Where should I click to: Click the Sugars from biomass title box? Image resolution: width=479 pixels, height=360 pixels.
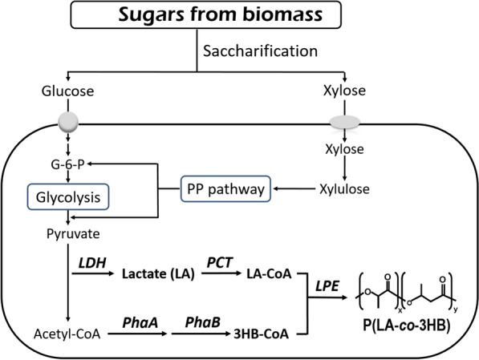tap(206, 14)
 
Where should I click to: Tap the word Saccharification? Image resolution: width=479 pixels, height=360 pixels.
tap(260, 51)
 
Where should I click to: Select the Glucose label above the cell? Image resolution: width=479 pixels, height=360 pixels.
tap(68, 91)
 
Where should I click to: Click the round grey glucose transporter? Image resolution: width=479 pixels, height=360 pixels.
tap(68, 122)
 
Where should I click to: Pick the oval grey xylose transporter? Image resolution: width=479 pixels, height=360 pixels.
tap(344, 122)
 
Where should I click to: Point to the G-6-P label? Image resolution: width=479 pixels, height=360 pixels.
tap(68, 164)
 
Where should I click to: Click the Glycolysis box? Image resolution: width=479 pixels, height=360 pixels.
tap(68, 197)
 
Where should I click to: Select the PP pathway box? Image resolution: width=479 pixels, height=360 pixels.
tap(225, 188)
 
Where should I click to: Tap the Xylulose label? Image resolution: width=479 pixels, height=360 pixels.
tap(344, 189)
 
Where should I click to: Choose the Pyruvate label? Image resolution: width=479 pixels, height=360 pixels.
tap(73, 234)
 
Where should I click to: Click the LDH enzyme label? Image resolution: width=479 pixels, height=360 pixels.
tap(92, 263)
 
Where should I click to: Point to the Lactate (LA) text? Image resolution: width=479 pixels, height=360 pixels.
tap(158, 274)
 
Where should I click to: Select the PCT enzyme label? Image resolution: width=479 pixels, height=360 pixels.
tap(220, 263)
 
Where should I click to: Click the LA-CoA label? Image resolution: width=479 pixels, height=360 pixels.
tap(269, 274)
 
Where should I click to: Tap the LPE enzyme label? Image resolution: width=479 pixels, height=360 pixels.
tap(327, 286)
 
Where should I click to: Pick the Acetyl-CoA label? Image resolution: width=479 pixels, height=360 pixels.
tap(67, 334)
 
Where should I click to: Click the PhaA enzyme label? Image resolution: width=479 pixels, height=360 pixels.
tap(140, 322)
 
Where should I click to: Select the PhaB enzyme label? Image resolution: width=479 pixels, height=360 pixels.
tap(203, 322)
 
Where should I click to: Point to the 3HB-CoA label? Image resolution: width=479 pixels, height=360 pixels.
tap(262, 334)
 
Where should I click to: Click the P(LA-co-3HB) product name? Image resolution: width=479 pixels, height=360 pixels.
tap(407, 326)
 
